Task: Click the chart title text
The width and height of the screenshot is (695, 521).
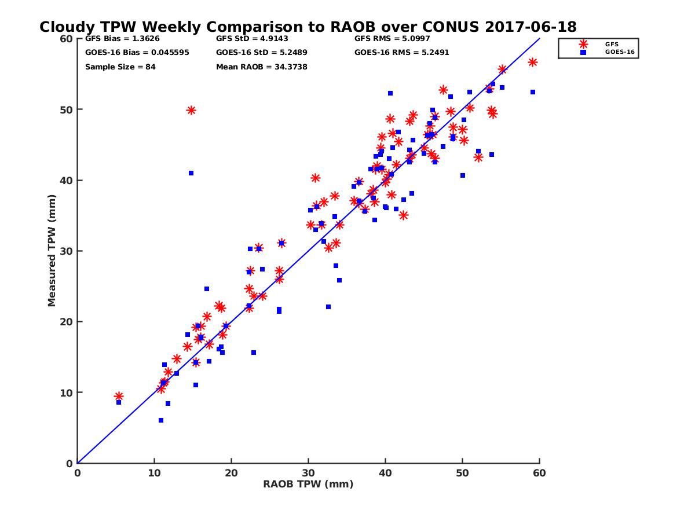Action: pyautogui.click(x=308, y=27)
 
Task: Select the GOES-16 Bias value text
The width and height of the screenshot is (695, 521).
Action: pyautogui.click(x=137, y=53)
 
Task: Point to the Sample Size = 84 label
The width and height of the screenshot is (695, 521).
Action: pyautogui.click(x=120, y=67)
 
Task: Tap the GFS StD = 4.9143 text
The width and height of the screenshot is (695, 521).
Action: pyautogui.click(x=252, y=39)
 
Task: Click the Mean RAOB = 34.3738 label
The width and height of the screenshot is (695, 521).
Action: pyautogui.click(x=261, y=67)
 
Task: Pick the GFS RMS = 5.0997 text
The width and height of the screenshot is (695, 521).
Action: pyautogui.click(x=392, y=39)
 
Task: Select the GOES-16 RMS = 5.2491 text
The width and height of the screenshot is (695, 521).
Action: pyautogui.click(x=401, y=53)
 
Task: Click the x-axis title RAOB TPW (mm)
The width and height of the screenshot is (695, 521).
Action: pyautogui.click(x=308, y=484)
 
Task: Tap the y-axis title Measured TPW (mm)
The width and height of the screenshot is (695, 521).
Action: pyautogui.click(x=52, y=251)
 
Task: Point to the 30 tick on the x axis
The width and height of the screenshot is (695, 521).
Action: pyautogui.click(x=308, y=473)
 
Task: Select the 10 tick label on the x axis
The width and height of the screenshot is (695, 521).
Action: pyautogui.click(x=154, y=473)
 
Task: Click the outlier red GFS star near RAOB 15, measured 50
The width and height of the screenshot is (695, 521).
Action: pyautogui.click(x=191, y=110)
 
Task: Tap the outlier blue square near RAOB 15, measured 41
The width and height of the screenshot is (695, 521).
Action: pyautogui.click(x=191, y=173)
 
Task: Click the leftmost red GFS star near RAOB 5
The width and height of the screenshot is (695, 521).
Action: pyautogui.click(x=119, y=397)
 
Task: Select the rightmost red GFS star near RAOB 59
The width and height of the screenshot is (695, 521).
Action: pyautogui.click(x=532, y=62)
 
